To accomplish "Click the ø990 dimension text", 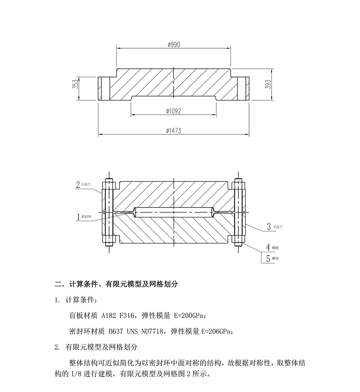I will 174,45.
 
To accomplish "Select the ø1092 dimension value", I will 174,111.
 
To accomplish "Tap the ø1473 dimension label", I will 174,131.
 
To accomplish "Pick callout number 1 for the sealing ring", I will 78,217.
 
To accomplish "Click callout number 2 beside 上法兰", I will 78,184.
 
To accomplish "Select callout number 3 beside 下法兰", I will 269,227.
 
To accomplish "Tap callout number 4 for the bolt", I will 268,247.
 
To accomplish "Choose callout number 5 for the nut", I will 268,258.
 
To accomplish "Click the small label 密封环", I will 87,217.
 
